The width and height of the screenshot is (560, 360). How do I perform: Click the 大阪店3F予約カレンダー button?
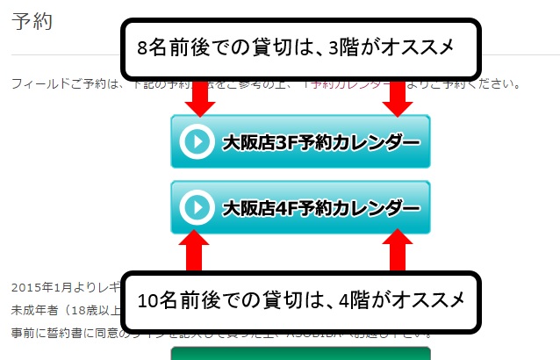(299, 141)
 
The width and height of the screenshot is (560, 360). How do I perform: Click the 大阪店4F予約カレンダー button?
(299, 207)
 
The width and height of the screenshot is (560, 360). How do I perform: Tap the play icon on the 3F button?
(197, 141)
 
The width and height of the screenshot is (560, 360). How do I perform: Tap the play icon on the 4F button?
(197, 207)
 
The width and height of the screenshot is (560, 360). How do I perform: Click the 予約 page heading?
(33, 22)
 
